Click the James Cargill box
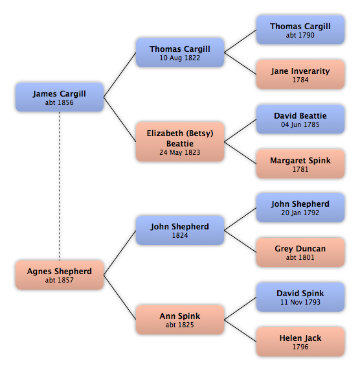coord(60,97)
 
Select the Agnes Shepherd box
coord(60,275)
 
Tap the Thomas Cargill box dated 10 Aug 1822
coord(180,52)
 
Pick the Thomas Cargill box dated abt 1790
coord(300,30)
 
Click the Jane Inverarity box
coord(300,75)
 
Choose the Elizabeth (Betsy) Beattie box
coord(180,142)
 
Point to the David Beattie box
coord(300,119)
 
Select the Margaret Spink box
coord(300,164)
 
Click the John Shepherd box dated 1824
coord(180,230)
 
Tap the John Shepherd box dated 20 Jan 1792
coord(300,208)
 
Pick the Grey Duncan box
coord(300,253)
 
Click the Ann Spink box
coord(180,320)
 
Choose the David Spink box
coord(300,297)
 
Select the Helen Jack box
coord(300,342)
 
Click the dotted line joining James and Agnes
coord(60,186)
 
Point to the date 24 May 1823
coord(179,152)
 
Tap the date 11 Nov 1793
coord(300,302)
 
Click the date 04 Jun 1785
coord(300,124)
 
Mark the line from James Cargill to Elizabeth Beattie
coord(120,119)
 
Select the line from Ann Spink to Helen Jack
coord(240,331)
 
